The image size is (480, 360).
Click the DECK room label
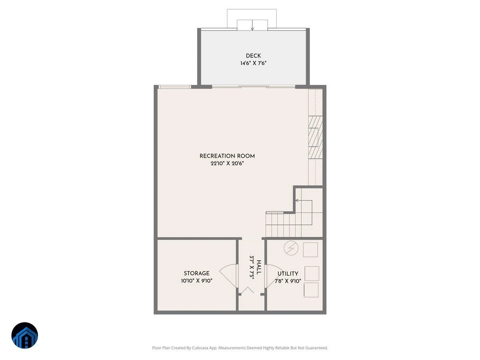[253, 56]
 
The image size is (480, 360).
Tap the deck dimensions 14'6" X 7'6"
[253, 63]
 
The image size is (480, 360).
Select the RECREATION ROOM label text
[227, 156]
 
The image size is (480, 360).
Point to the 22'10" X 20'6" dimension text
[227, 163]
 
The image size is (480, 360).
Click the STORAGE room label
[196, 273]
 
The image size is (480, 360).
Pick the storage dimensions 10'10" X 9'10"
[196, 281]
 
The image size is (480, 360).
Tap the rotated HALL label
[259, 267]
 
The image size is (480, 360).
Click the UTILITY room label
[288, 274]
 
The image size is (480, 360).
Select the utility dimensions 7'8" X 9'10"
[288, 281]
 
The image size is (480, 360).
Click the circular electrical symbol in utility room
[291, 248]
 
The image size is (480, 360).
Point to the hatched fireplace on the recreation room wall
[315, 137]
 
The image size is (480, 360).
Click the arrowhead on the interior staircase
[297, 200]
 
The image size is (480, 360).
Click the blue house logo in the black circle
[25, 335]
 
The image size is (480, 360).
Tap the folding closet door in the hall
[248, 290]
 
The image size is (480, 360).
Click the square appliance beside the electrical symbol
[310, 250]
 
